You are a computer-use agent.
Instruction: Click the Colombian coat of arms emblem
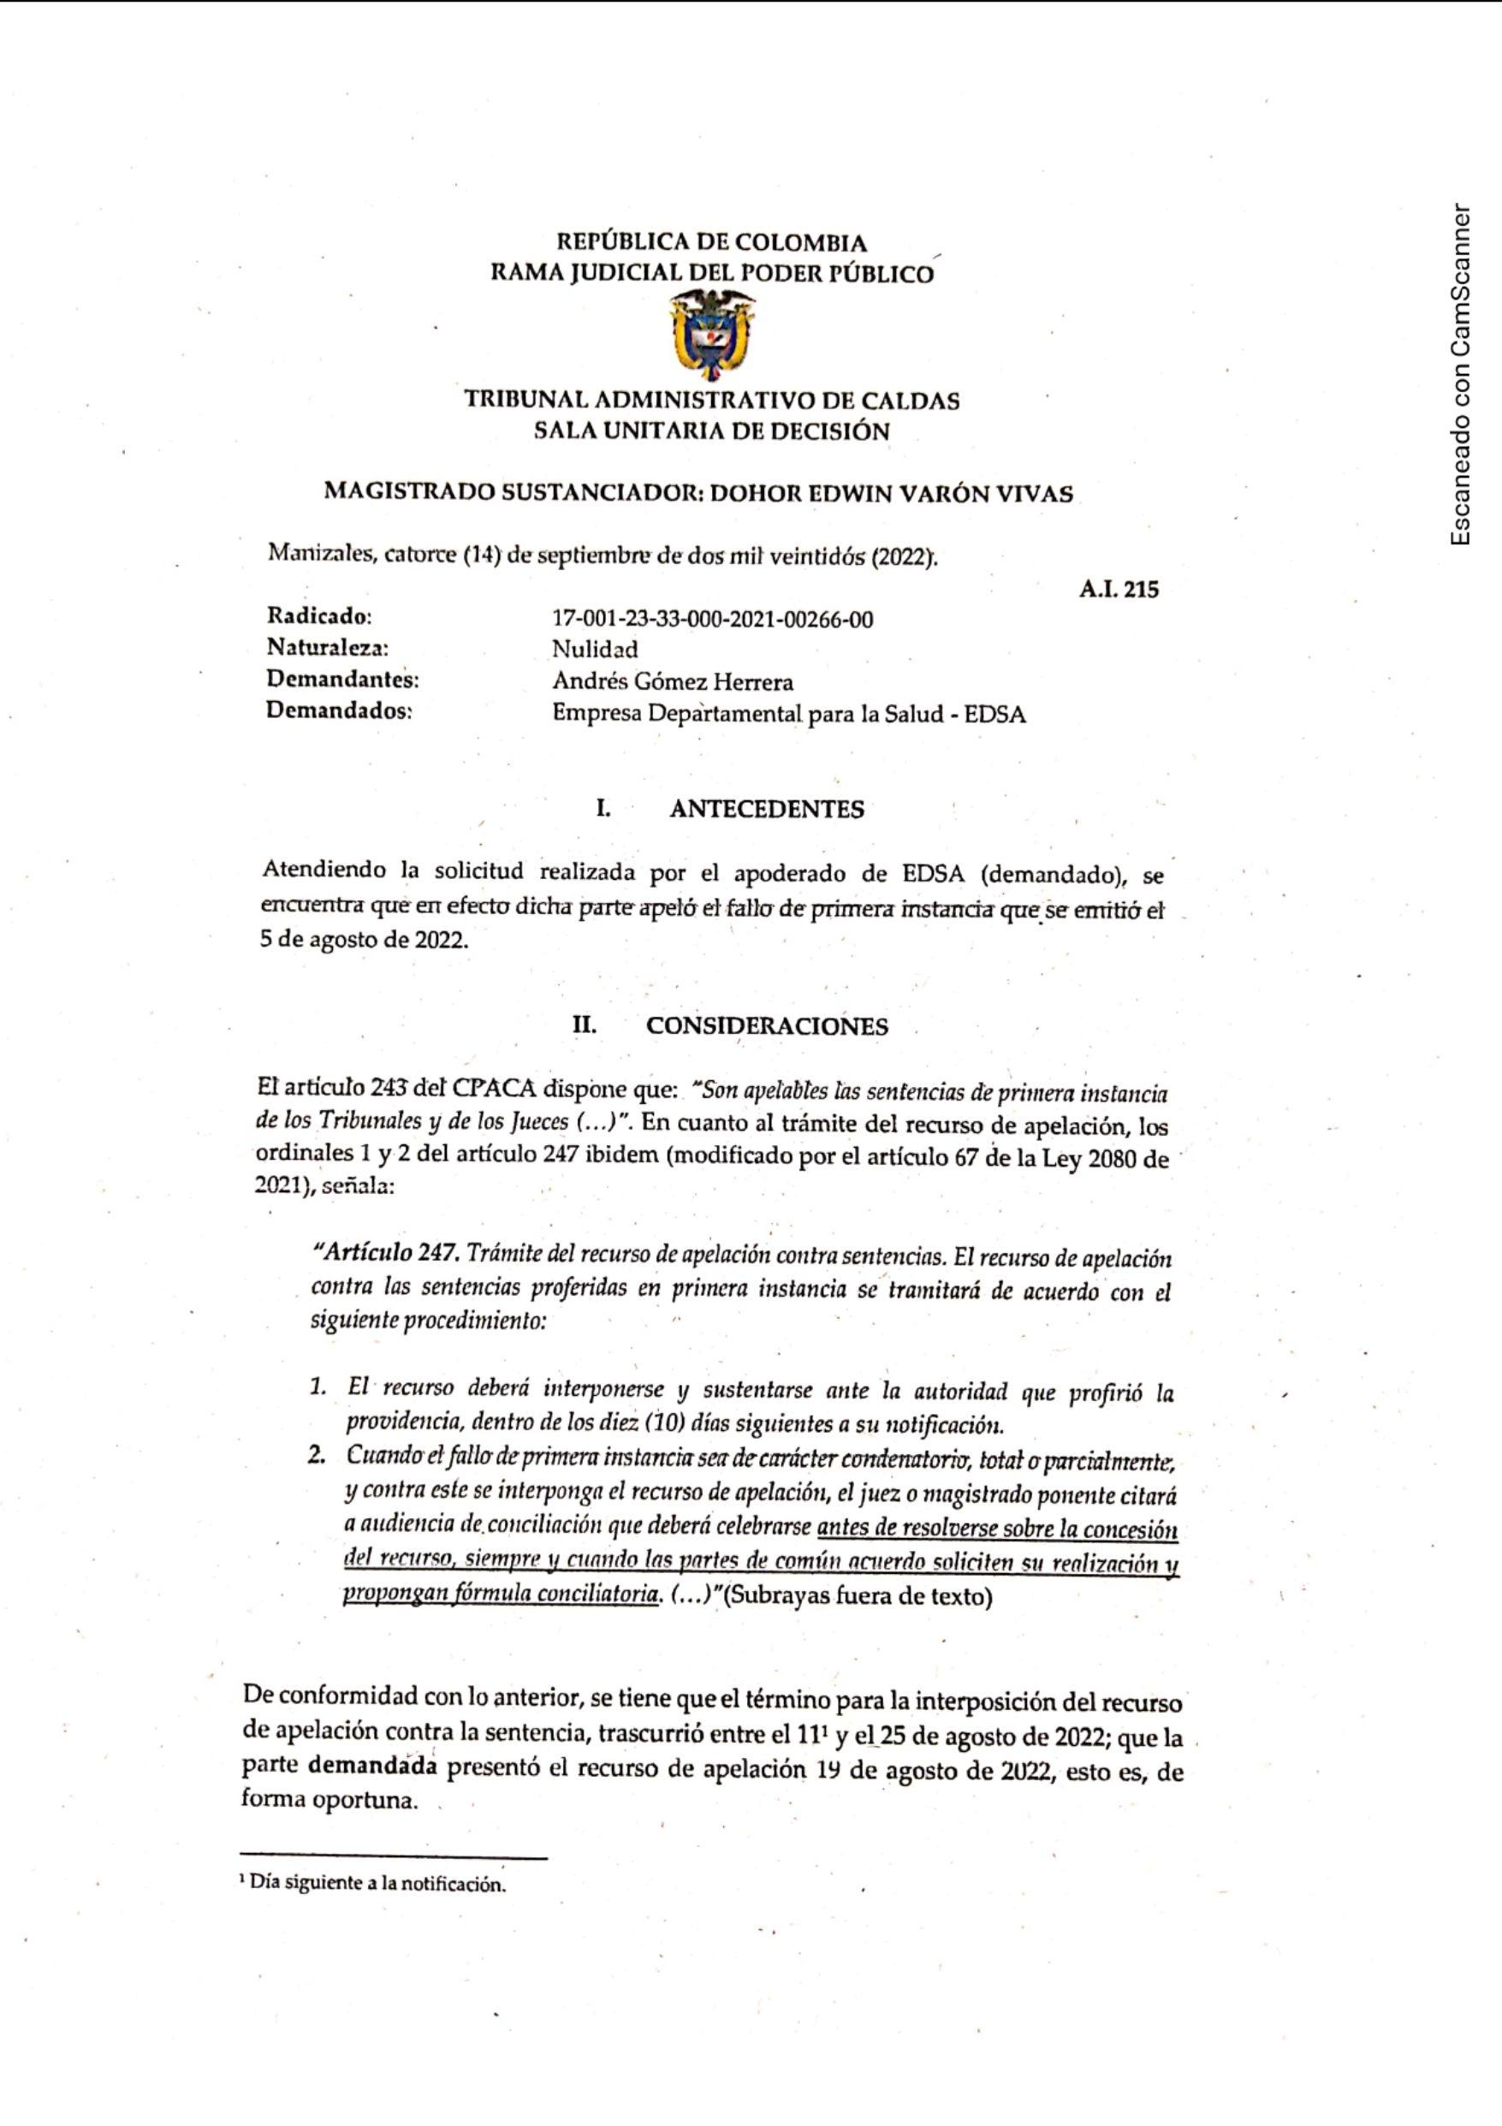pos(711,336)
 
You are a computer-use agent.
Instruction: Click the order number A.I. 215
pos(1118,589)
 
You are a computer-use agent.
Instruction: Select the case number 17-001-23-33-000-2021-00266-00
pos(712,619)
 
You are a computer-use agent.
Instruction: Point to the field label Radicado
pos(319,615)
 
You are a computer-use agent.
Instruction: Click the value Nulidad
pos(595,649)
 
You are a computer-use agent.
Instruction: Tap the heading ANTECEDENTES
pos(767,810)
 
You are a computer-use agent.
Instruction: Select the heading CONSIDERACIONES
pos(767,1026)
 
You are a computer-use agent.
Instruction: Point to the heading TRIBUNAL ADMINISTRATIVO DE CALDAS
pos(711,401)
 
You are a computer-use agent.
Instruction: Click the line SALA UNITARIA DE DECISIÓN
pos(711,431)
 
